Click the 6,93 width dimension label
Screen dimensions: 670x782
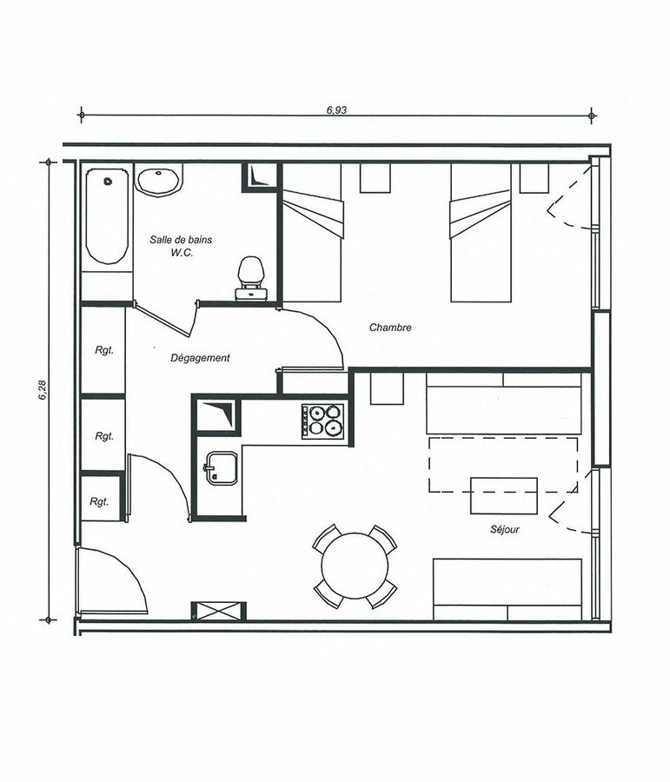click(x=336, y=109)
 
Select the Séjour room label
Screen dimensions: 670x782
click(x=504, y=530)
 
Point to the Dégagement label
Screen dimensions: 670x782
click(x=200, y=358)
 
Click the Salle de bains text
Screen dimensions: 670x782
click(x=181, y=240)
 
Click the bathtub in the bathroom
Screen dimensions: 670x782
click(x=106, y=216)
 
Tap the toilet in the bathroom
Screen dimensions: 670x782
click(x=250, y=278)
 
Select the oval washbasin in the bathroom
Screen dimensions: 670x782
click(x=157, y=181)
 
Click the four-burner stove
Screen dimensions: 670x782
click(x=322, y=421)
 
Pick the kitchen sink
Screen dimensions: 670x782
click(x=219, y=467)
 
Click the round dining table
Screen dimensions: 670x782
click(x=355, y=566)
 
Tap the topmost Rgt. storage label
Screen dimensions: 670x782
click(x=104, y=350)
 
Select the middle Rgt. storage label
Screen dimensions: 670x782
click(x=104, y=436)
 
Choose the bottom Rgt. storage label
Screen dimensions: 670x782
click(x=99, y=501)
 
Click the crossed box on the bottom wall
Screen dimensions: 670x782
click(x=218, y=611)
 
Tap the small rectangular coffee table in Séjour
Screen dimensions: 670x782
click(x=504, y=496)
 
